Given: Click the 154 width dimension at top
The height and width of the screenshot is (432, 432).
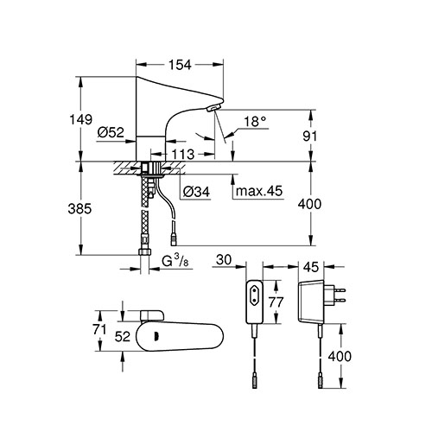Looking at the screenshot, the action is pos(180,65).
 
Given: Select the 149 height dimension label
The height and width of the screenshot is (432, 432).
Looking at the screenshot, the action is pos(81,119).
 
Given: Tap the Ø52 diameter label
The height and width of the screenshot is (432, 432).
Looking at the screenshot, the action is pos(111,132).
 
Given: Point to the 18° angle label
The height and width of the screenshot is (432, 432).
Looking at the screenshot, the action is pos(255,122).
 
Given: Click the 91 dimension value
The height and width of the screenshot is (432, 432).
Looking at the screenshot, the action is pos(309,137).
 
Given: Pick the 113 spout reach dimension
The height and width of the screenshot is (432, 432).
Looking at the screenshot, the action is pos(183,155).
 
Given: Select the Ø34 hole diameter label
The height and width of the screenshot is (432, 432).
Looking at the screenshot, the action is pos(197,192).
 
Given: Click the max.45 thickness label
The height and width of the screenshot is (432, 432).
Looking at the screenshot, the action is pos(259,191).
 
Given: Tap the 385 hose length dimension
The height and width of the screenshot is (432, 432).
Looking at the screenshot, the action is pos(79,208).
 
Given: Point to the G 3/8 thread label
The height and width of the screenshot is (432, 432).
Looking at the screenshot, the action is pos(175,262).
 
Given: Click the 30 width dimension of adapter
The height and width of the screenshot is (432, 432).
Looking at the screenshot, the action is pos(224,260).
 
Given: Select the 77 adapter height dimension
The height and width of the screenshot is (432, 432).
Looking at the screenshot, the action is pos(276,302).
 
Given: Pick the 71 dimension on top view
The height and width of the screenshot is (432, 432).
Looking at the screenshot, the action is pos(99,330).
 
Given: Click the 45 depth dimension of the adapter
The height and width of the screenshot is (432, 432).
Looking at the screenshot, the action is pos(311,267).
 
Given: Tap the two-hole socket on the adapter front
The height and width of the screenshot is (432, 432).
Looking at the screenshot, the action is pos(254,295).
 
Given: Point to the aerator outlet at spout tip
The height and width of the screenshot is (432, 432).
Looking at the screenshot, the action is pos(213,108).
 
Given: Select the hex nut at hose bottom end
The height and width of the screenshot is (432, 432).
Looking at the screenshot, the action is pos(144,252).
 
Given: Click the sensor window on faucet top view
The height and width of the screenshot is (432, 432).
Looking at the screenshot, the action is pos(156,336).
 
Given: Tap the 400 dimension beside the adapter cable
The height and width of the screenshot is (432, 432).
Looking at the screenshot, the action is pos(340,356).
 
